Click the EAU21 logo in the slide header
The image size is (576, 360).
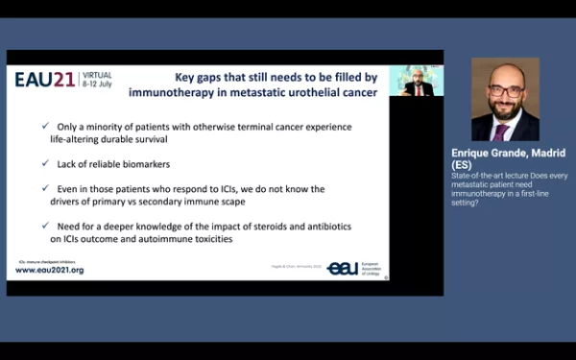click(44, 80)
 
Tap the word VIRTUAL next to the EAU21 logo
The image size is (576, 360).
click(96, 75)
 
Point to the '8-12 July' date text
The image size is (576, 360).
click(96, 84)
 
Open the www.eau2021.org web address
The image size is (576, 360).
click(50, 271)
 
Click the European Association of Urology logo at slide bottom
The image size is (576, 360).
click(354, 269)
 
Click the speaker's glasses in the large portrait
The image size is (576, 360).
click(505, 92)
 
